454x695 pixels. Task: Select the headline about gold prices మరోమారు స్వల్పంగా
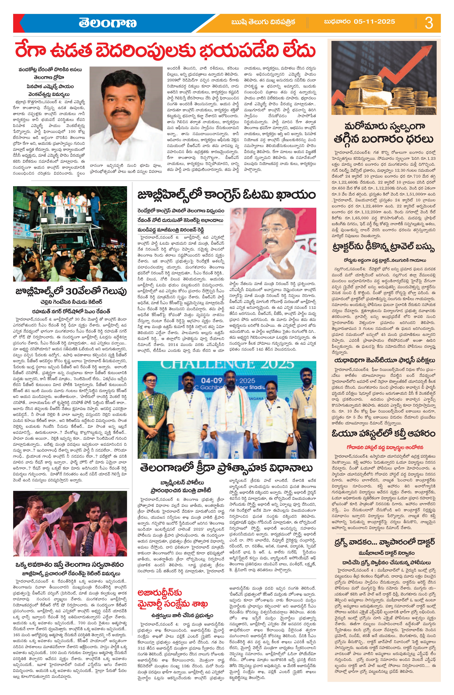tap(384, 127)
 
